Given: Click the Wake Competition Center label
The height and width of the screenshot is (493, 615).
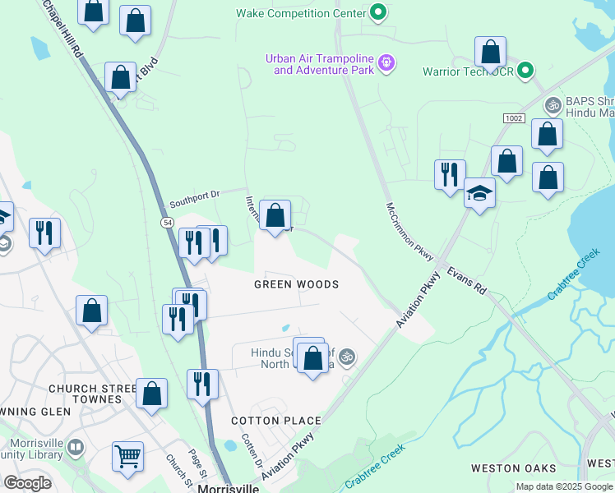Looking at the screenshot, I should click(300, 13).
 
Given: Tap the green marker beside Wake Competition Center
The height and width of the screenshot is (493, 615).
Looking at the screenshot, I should click(377, 13).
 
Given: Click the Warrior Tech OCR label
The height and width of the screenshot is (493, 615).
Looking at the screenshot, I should click(468, 71).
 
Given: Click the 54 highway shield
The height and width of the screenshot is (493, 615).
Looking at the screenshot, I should click(167, 223).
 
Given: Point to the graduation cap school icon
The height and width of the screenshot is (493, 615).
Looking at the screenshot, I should click(479, 194).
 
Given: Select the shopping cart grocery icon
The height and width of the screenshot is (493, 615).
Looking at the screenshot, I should click(127, 455).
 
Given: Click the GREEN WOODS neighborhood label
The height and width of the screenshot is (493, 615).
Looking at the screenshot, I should click(296, 284).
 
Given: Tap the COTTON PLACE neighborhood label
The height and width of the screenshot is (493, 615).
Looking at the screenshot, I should click(276, 421).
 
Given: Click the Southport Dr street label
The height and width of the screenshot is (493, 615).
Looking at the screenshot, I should click(195, 199).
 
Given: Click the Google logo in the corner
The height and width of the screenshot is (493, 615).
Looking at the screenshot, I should click(27, 483).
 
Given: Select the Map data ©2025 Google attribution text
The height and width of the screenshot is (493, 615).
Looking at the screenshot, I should click(563, 486).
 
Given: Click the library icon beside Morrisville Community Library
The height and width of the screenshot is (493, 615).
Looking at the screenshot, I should click(76, 448).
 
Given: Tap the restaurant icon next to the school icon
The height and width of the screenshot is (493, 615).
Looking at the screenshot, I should click(449, 175).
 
